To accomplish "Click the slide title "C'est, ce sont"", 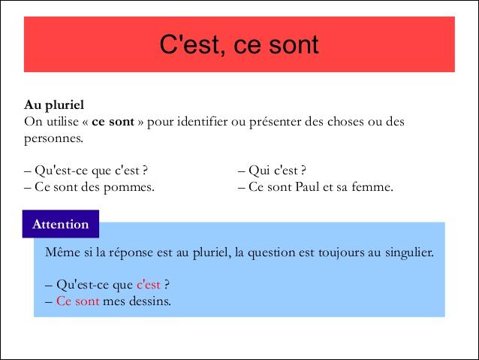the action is [239, 44].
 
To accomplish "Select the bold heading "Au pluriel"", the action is [54, 105].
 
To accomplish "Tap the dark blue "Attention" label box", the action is [61, 224].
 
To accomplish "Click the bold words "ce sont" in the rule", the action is [113, 122].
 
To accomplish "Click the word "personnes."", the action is [54, 139].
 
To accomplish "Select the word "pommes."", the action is [129, 187].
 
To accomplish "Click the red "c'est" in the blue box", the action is [149, 284].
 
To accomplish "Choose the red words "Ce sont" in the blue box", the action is [78, 301].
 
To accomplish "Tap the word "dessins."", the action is [150, 301].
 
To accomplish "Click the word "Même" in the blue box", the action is [62, 253].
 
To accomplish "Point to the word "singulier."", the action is [409, 253].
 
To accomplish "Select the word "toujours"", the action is [341, 253].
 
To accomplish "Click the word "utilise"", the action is [62, 122].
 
